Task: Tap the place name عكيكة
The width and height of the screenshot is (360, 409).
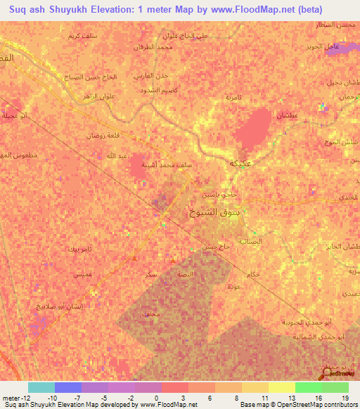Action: (x=241, y=164)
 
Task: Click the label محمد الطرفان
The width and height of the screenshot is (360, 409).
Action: (x=152, y=47)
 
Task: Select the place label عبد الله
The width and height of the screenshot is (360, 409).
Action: (x=116, y=155)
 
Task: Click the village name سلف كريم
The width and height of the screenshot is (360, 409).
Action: (x=83, y=35)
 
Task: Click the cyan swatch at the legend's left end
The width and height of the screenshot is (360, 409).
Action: (x=41, y=387)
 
